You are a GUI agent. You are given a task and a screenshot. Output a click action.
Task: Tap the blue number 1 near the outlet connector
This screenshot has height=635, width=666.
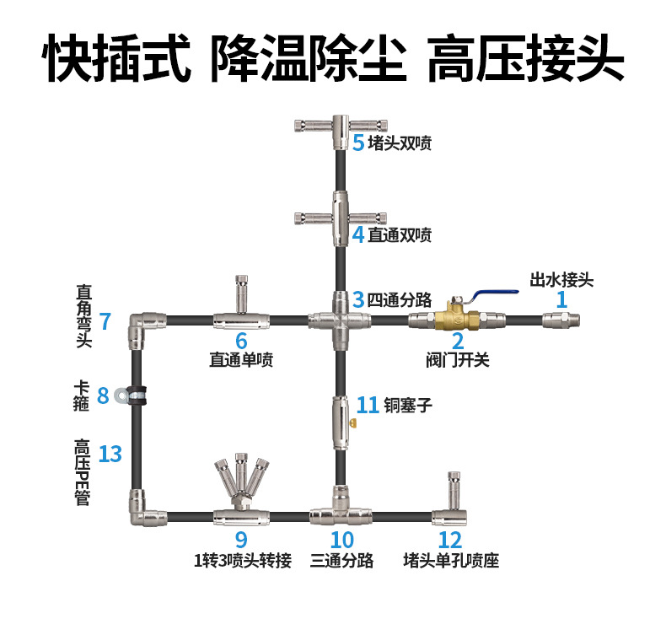pyautogui.click(x=561, y=299)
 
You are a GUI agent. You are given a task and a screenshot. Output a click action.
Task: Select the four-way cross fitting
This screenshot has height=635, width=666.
pyautogui.click(x=340, y=320)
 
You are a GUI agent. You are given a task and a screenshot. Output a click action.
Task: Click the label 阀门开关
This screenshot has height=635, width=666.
pyautogui.click(x=458, y=360)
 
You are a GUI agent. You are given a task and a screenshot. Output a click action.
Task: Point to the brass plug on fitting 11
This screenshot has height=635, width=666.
pyautogui.click(x=353, y=423)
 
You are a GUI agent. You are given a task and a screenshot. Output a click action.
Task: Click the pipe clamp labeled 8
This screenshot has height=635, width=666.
pyautogui.click(x=131, y=396)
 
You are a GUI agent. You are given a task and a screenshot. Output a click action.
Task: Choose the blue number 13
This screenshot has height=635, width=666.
pyautogui.click(x=110, y=454)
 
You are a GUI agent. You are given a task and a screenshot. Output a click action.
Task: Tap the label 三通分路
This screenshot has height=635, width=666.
pyautogui.click(x=341, y=560)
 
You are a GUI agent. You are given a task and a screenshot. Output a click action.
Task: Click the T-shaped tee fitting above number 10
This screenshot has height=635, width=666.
pyautogui.click(x=341, y=506)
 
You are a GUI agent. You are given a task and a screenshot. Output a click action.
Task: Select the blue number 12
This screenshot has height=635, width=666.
pyautogui.click(x=450, y=540)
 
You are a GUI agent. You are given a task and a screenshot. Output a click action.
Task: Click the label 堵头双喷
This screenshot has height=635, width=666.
pyautogui.click(x=400, y=143)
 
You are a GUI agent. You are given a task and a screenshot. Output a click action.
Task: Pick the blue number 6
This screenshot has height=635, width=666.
pyautogui.click(x=241, y=340)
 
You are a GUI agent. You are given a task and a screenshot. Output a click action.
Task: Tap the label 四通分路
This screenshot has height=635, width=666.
pyautogui.click(x=400, y=300)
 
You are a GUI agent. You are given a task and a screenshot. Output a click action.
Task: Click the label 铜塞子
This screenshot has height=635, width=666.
pyautogui.click(x=408, y=405)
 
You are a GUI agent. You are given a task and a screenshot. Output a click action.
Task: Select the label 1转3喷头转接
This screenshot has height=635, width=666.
pyautogui.click(x=243, y=560)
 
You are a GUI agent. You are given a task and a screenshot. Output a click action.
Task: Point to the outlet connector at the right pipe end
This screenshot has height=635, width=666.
pyautogui.click(x=561, y=320)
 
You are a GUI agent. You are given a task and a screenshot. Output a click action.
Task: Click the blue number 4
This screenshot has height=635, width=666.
pyautogui.click(x=358, y=234)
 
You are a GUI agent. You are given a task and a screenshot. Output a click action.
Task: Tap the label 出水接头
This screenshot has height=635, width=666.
pyautogui.click(x=561, y=280)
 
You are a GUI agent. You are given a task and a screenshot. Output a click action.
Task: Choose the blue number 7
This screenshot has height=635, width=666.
pyautogui.click(x=105, y=321)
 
